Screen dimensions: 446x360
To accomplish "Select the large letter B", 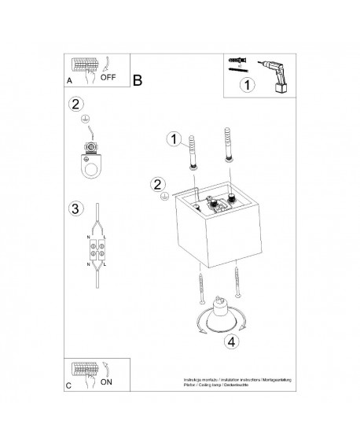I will tap(138, 80).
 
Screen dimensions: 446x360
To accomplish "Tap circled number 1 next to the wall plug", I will tap(174, 140).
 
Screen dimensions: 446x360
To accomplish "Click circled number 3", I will tap(75, 208).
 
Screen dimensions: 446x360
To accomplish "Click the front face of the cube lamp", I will tap(209, 231).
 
